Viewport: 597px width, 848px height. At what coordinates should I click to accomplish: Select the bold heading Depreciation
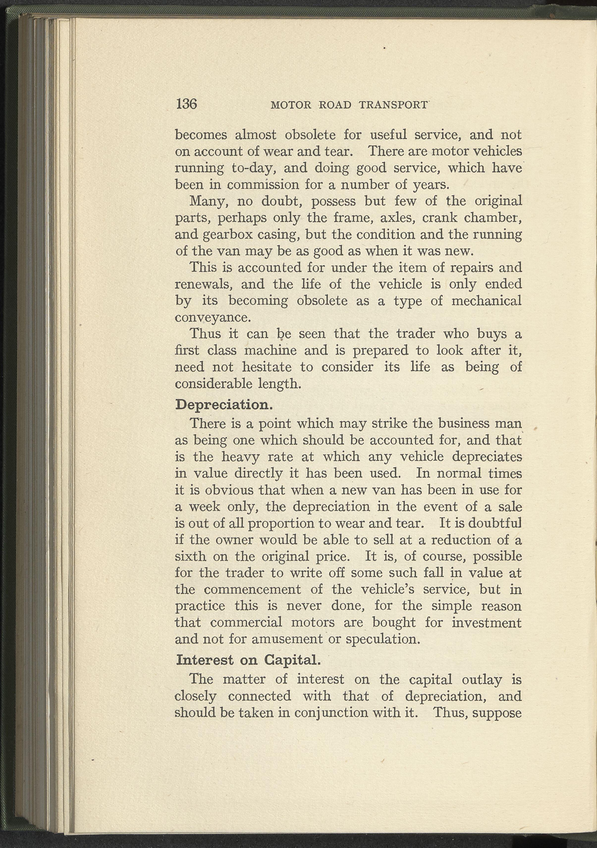tap(224, 405)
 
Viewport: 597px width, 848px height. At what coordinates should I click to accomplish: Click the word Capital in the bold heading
tap(292, 660)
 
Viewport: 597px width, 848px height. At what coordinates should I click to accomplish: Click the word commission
tap(263, 185)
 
